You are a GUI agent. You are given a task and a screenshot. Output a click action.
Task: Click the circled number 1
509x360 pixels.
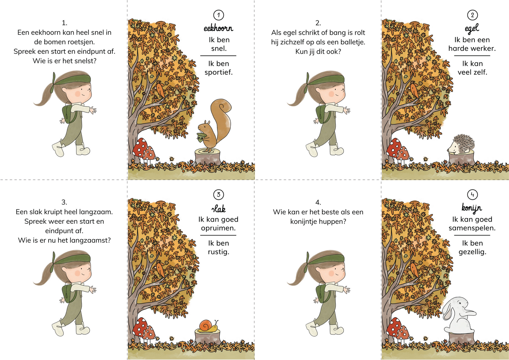pos(219,15)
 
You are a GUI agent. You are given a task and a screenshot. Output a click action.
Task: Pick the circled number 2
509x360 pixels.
pos(472,15)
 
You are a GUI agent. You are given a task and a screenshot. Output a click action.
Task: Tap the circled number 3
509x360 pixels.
pos(219,194)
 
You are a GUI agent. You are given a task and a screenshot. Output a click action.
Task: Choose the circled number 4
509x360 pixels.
pos(472,194)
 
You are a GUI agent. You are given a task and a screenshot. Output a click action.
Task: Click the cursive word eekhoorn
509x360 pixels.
pos(218,28)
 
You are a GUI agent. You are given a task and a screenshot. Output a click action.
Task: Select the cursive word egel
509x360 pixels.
pos(472,28)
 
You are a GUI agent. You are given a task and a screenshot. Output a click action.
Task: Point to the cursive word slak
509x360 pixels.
pos(218,208)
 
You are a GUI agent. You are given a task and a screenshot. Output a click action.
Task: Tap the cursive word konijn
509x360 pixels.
pos(472,208)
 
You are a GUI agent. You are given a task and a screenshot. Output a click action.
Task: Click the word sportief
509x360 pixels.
pos(219,73)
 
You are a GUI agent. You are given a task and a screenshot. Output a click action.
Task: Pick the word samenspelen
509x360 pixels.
pos(472,228)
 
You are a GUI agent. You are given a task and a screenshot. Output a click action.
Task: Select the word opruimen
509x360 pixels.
pos(218,228)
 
